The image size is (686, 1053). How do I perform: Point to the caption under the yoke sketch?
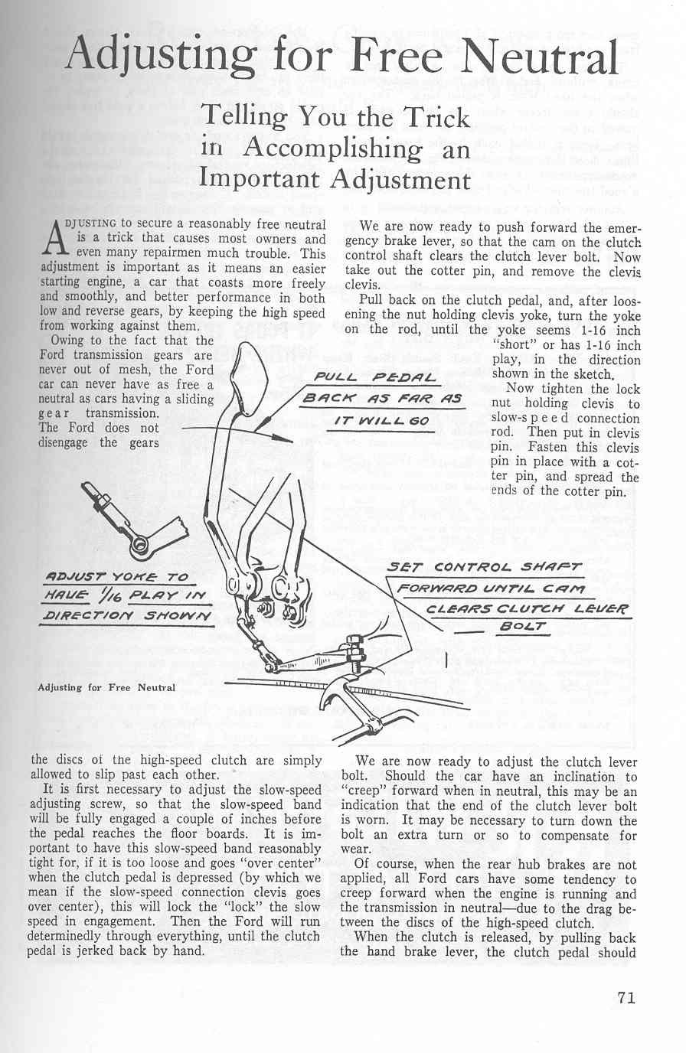coord(106,687)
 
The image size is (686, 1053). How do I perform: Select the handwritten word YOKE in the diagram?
coord(137,576)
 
